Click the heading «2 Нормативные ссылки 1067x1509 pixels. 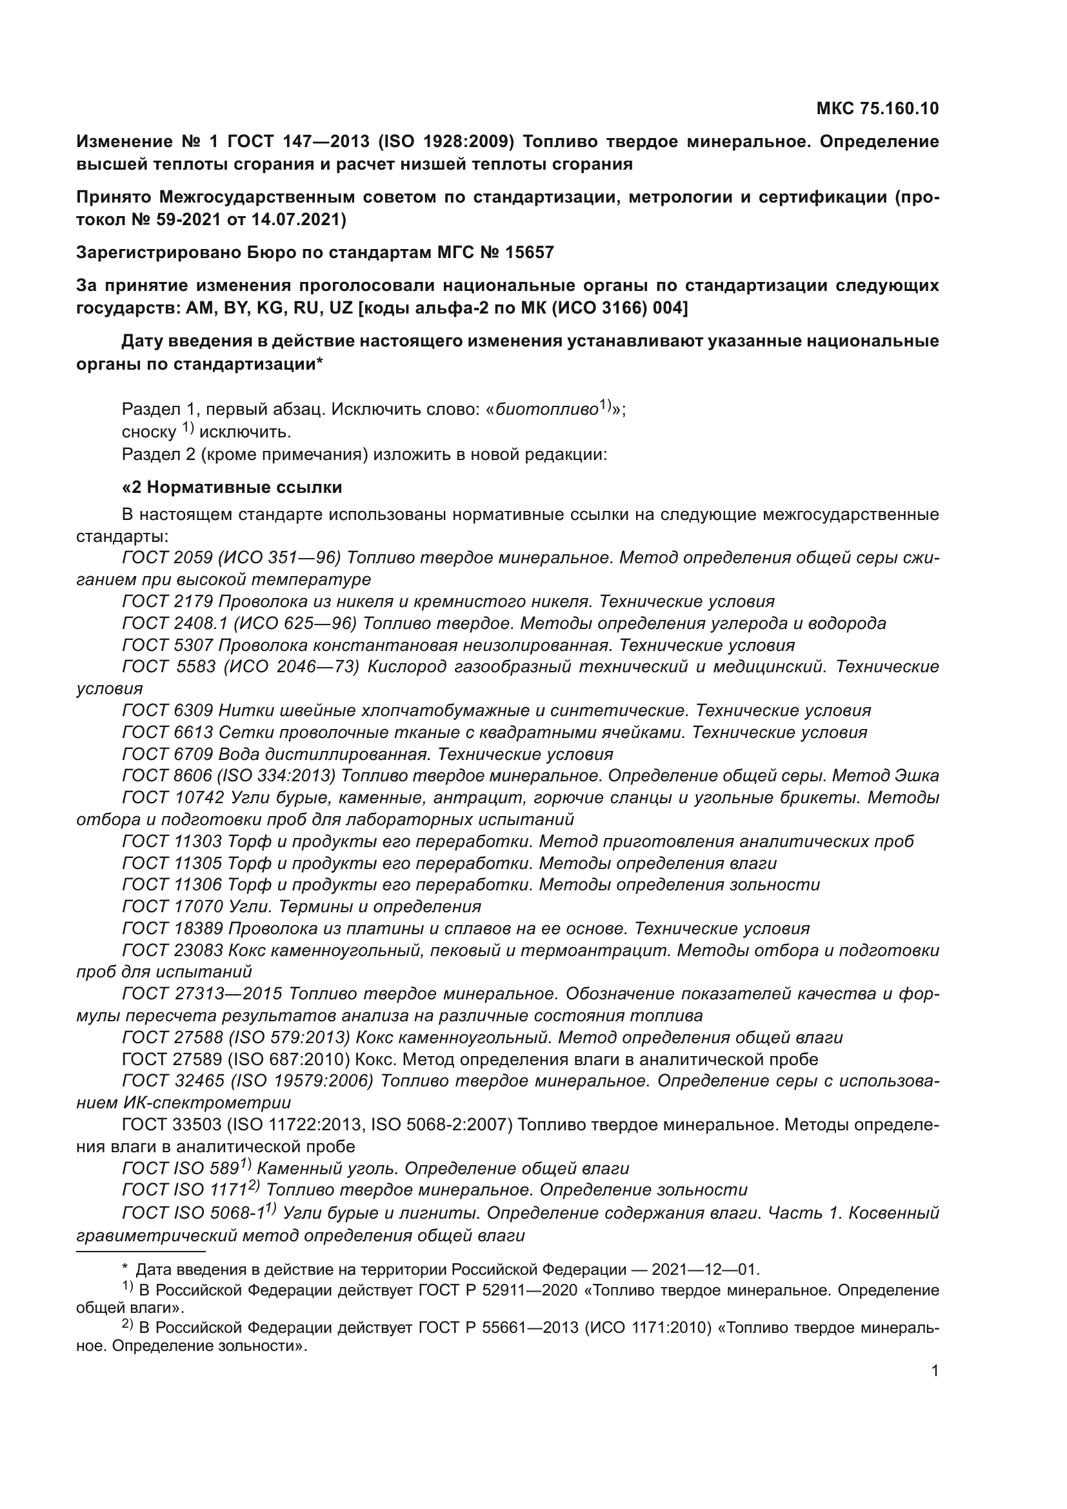(232, 487)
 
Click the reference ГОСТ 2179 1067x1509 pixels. (168, 601)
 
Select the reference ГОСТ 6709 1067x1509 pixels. (168, 754)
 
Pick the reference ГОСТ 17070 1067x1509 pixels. (172, 906)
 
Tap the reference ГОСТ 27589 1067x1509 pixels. (172, 1059)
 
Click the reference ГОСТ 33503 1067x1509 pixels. (172, 1124)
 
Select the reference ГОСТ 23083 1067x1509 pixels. (172, 950)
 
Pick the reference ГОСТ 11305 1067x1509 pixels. (172, 863)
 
